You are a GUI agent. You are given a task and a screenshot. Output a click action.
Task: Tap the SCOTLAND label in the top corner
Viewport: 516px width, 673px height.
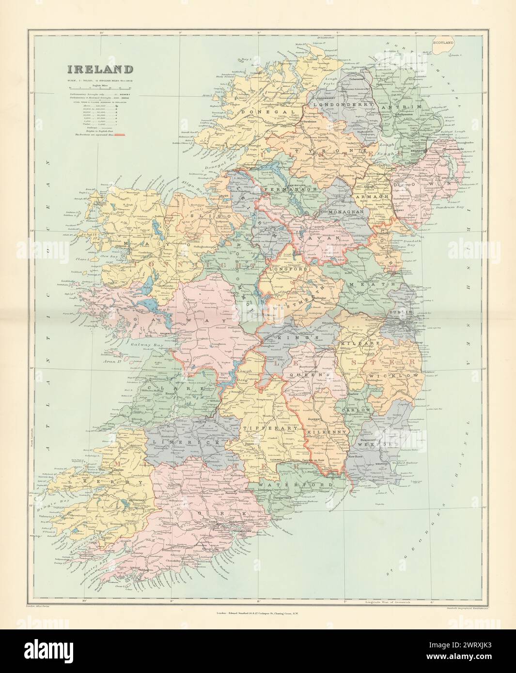[443, 43]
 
